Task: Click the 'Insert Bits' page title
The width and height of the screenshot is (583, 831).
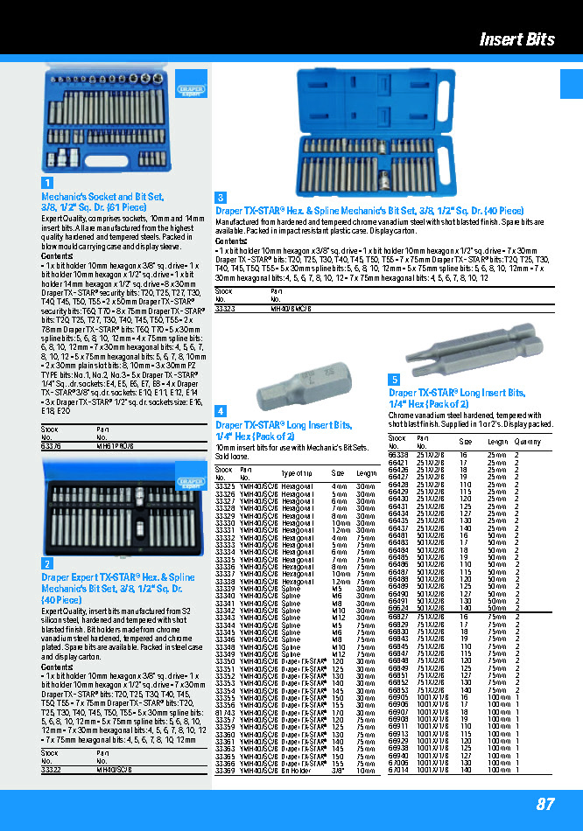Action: click(x=516, y=39)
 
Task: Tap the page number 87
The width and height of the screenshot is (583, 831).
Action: click(x=545, y=805)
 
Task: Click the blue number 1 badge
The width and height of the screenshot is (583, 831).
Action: click(x=47, y=183)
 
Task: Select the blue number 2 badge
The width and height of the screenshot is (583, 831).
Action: click(x=47, y=564)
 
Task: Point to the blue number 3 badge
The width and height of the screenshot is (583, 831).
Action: click(x=221, y=198)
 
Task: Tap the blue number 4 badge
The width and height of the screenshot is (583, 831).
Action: click(x=221, y=410)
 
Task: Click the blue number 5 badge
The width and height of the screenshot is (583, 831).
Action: click(x=394, y=379)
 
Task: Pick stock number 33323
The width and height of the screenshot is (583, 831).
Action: click(x=225, y=308)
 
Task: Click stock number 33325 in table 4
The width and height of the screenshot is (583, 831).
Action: click(x=225, y=485)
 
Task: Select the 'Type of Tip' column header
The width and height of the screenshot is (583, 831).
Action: click(x=296, y=472)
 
